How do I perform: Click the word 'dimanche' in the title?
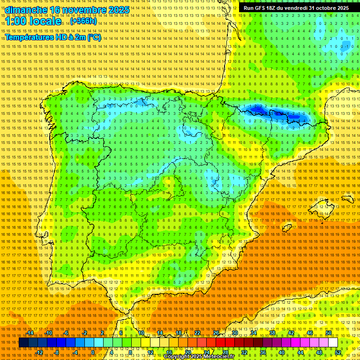pyautogui.click(x=25, y=10)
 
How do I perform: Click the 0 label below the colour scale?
pyautogui.click(x=93, y=352)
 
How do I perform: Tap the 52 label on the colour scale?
pyautogui.click(x=338, y=352)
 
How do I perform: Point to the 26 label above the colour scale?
pyautogui.click(x=216, y=333)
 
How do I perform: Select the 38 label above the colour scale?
pyautogui.click(x=272, y=333)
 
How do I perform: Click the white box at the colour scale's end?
pyautogui.click(x=333, y=343)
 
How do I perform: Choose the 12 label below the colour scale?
pyautogui.click(x=150, y=352)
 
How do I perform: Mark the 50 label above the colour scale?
pyautogui.click(x=329, y=333)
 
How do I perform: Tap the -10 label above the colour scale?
pyautogui.click(x=48, y=333)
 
